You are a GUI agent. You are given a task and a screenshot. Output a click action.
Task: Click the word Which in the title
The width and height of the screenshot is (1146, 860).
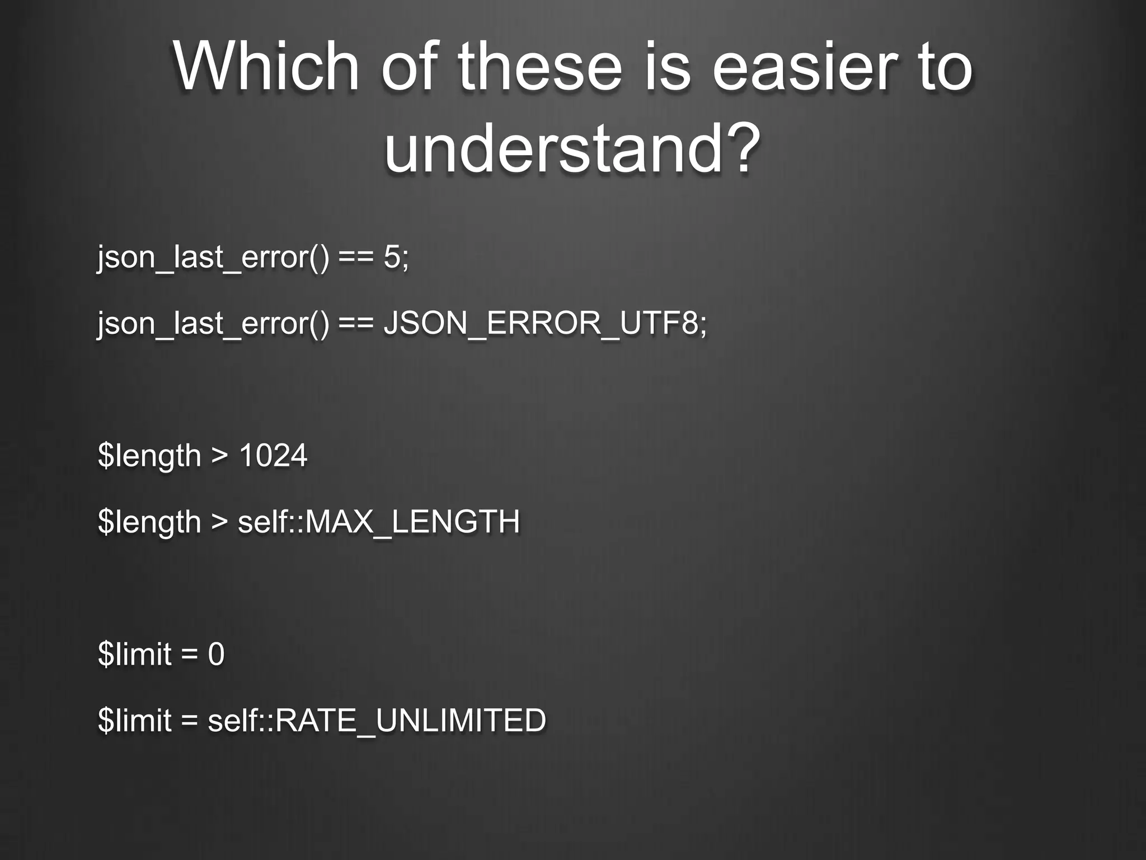pyautogui.click(x=265, y=67)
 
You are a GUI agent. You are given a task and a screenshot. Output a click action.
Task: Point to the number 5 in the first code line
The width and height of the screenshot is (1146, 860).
pyautogui.click(x=392, y=257)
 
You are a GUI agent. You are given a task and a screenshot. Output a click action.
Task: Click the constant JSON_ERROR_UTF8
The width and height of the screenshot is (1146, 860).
pyautogui.click(x=541, y=323)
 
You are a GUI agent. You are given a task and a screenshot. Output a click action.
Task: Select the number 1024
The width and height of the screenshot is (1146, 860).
pyautogui.click(x=273, y=455)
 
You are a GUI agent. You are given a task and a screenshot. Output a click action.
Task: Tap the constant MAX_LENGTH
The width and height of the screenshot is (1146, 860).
pyautogui.click(x=413, y=521)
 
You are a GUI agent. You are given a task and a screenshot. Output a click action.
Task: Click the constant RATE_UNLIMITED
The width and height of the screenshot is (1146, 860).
pyautogui.click(x=410, y=720)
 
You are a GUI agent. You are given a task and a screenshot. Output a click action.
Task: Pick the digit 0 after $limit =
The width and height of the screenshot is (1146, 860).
pyautogui.click(x=216, y=654)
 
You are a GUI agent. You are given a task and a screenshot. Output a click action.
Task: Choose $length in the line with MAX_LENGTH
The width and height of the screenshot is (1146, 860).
pyautogui.click(x=149, y=522)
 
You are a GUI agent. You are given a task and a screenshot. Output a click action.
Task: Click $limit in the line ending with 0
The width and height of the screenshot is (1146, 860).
pyautogui.click(x=134, y=654)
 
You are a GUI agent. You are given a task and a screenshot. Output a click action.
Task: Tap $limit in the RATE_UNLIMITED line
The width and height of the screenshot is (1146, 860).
pyautogui.click(x=134, y=720)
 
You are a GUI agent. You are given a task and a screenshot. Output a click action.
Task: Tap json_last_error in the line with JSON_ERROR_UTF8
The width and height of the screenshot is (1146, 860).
pyautogui.click(x=213, y=324)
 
